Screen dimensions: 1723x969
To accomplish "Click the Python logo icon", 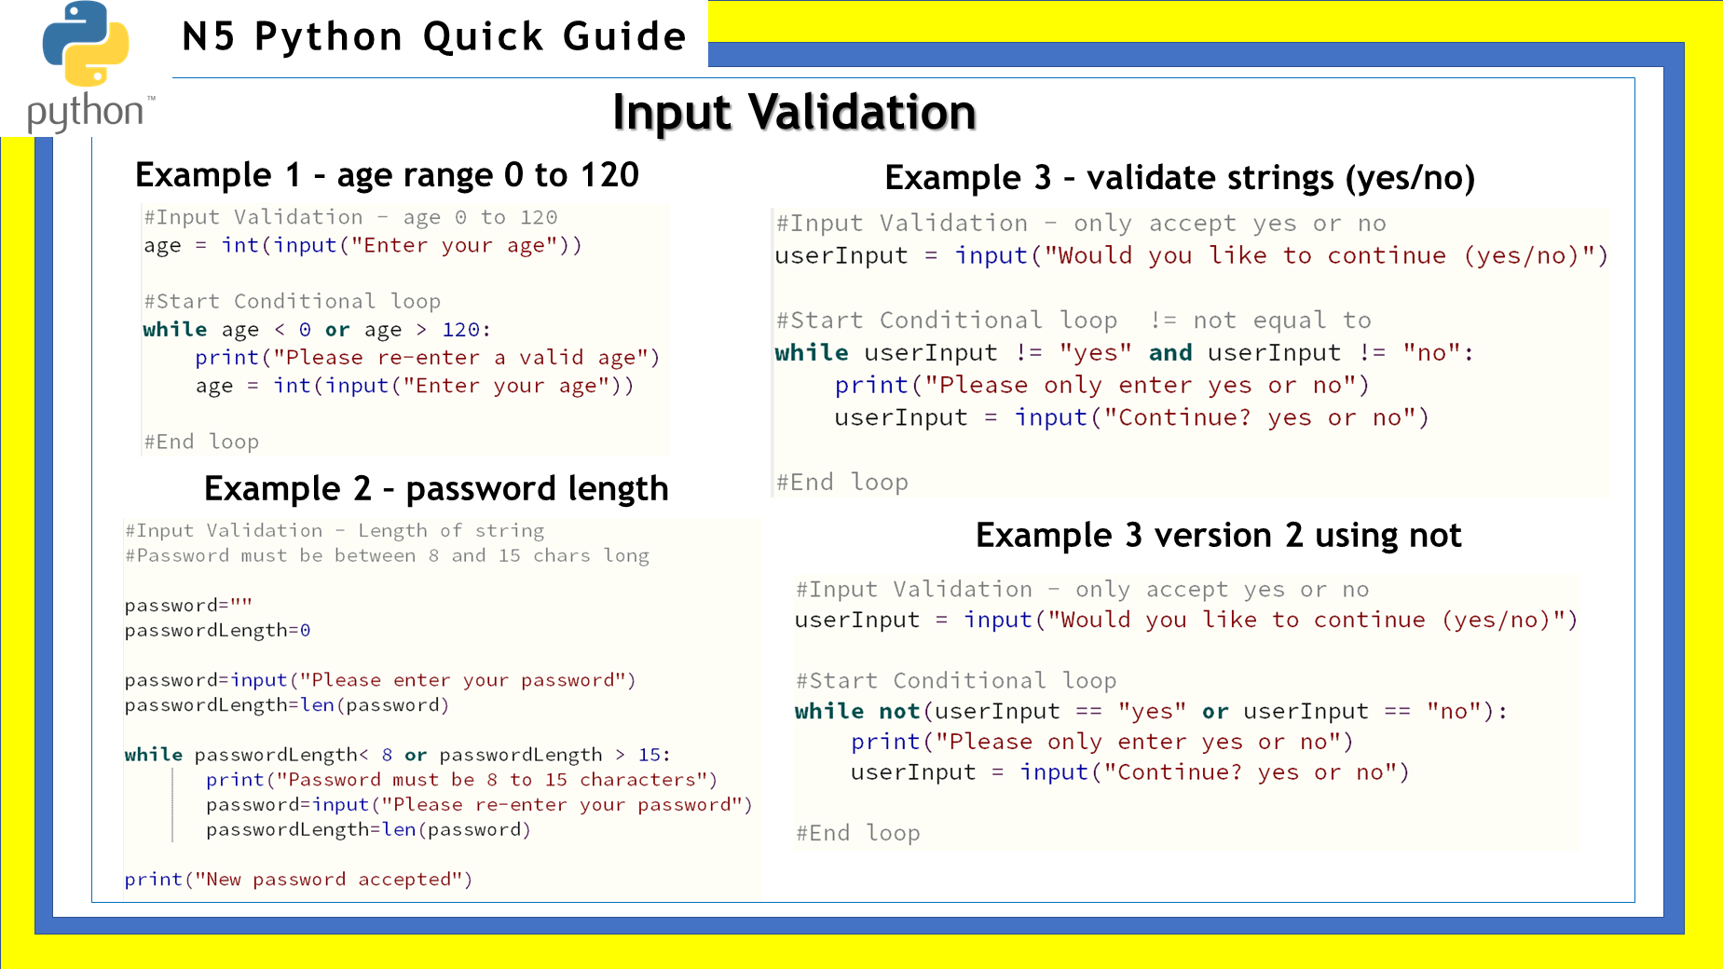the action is [86, 45].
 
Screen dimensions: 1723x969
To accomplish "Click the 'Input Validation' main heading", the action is [794, 113].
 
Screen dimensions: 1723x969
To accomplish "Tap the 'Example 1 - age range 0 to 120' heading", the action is [387, 175].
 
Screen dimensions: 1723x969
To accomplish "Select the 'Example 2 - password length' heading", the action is [436, 489].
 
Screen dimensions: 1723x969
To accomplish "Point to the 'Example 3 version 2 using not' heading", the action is [1218, 536].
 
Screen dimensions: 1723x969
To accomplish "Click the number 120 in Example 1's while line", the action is [460, 330].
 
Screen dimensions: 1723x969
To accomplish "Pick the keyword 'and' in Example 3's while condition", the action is [1170, 352].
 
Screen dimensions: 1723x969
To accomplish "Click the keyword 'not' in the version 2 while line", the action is [899, 711].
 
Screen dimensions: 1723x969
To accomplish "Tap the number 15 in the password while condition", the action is [649, 755].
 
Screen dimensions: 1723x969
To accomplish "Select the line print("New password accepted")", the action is [298, 880].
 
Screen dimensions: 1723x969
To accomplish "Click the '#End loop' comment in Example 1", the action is [201, 442].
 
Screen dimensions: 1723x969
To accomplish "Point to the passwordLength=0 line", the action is [217, 631].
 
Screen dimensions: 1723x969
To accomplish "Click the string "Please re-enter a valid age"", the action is [460, 358].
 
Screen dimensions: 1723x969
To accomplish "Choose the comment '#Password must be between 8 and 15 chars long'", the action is [387, 556].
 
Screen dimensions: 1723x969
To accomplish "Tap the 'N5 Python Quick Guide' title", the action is [434, 37].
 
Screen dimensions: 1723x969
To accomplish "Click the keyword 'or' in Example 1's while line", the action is [337, 330].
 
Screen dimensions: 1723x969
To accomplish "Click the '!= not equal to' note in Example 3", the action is [1261, 321].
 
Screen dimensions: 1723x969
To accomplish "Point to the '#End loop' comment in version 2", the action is [857, 833].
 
